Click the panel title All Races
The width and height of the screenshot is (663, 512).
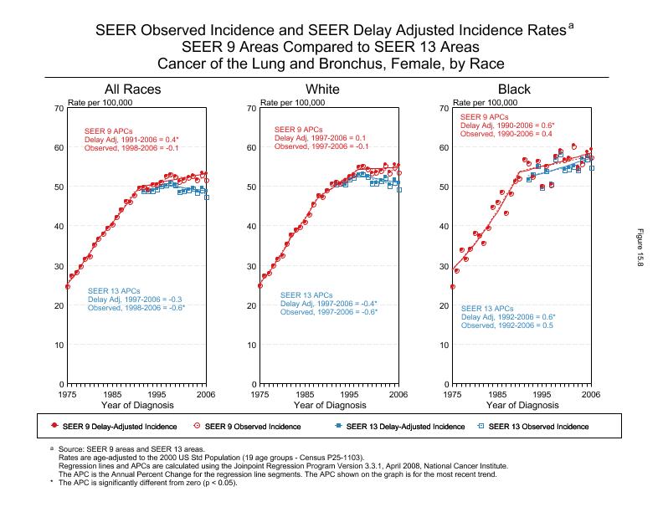(x=132, y=90)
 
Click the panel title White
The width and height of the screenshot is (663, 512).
(x=323, y=90)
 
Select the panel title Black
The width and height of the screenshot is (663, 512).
(x=514, y=90)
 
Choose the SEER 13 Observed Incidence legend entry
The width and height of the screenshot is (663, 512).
(x=538, y=427)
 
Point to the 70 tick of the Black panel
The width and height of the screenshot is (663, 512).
(x=444, y=108)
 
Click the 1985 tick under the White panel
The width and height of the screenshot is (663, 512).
(x=305, y=394)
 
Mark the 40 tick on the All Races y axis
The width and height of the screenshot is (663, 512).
(x=59, y=226)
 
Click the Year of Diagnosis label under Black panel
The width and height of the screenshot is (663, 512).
(x=521, y=405)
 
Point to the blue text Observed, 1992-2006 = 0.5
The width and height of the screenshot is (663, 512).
(x=506, y=325)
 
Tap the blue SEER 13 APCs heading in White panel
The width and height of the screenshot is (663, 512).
(x=306, y=295)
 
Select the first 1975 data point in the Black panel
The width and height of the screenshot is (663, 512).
(x=453, y=287)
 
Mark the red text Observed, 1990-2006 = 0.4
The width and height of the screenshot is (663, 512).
(x=506, y=134)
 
